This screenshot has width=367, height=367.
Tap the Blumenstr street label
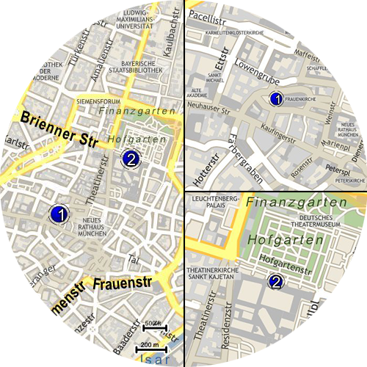(x=58, y=305)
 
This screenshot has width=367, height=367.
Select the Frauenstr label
(x=123, y=283)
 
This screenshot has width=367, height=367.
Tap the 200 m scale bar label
(x=150, y=344)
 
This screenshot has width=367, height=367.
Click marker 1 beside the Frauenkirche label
(x=276, y=98)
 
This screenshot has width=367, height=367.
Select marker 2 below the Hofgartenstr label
(x=276, y=282)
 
